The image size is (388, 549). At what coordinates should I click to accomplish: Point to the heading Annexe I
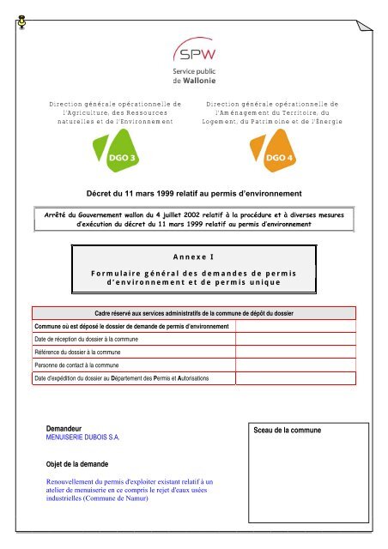tap(194, 255)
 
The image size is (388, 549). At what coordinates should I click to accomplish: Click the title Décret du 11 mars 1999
tap(195, 194)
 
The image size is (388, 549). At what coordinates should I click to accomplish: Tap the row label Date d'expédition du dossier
tap(120, 377)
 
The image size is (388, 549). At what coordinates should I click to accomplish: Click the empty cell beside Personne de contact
tap(293, 365)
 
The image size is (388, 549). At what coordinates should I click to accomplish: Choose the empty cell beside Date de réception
tap(293, 341)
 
